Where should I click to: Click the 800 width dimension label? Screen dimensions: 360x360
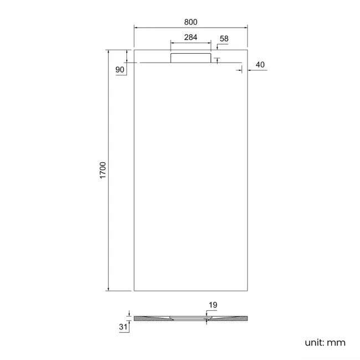[191, 22]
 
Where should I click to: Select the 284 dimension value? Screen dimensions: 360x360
[191, 37]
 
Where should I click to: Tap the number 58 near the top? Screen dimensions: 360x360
[224, 38]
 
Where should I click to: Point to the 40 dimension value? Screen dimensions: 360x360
[260, 65]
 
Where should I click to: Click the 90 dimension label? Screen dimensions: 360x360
[120, 69]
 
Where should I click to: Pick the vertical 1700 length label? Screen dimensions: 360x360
[102, 170]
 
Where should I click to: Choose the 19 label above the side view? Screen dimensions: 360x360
[214, 305]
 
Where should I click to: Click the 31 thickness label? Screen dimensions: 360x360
[122, 327]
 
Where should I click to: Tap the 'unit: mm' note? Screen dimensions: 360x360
[325, 342]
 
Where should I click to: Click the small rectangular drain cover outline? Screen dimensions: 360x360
[191, 58]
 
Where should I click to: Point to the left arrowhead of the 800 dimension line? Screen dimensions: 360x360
[136, 27]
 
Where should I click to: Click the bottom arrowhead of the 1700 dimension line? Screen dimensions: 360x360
[108, 289]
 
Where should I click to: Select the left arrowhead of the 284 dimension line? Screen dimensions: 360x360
[172, 43]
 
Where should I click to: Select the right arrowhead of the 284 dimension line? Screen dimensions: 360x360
[209, 43]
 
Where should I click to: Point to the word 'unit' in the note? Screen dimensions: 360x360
[315, 342]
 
